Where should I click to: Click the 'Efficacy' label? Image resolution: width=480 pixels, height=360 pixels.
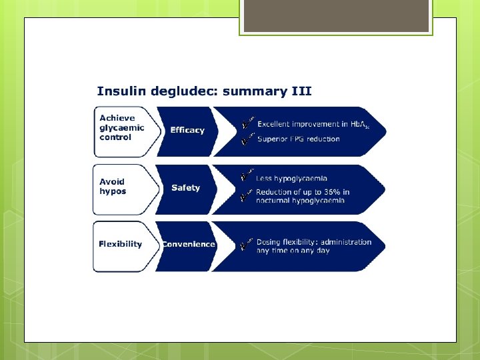(187, 130)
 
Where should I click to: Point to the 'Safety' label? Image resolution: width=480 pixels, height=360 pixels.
(185, 188)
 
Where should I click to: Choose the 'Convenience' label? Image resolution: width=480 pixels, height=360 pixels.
(189, 244)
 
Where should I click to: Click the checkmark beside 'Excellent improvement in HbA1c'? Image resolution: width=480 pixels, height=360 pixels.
(247, 123)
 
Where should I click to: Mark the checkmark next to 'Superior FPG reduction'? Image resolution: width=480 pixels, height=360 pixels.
(247, 139)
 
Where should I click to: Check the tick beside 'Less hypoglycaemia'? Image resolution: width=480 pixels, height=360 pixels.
(247, 176)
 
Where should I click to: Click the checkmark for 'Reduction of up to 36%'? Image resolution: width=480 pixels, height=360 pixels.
(247, 194)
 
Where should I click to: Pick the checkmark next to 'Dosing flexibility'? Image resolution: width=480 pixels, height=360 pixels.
(247, 243)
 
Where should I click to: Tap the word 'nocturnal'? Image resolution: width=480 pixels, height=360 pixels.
(274, 201)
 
